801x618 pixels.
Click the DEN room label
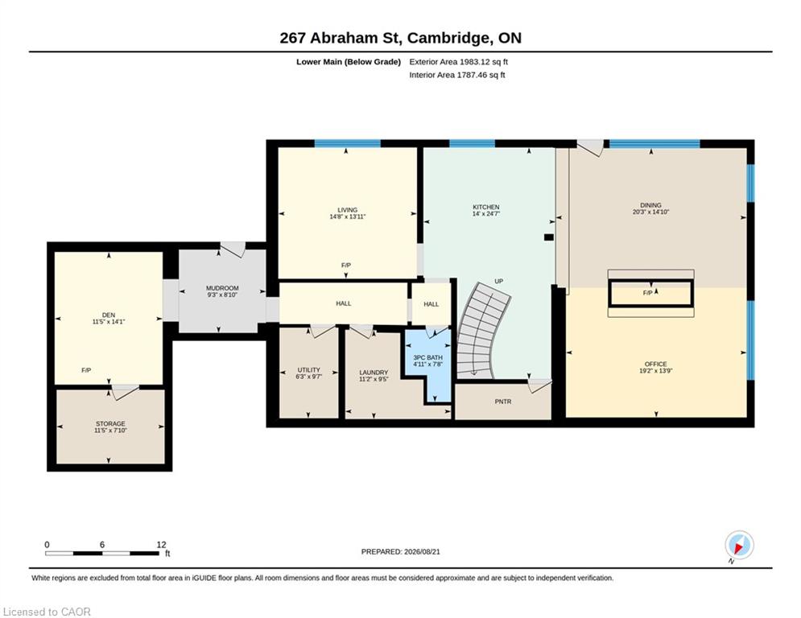coord(109,315)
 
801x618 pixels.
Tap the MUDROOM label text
coord(222,288)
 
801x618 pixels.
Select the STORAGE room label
coord(110,424)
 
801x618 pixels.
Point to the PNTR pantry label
coord(503,402)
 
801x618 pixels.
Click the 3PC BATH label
coord(428,357)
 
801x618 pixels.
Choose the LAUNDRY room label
coord(374,373)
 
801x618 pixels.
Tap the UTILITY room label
coord(309,370)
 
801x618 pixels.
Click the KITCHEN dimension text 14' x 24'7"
coord(485,214)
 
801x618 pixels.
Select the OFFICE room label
coord(655,365)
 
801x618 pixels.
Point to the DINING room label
coord(650,205)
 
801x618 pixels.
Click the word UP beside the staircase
coord(499,282)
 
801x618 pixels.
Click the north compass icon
coord(739,546)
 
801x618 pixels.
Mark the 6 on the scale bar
coord(102,545)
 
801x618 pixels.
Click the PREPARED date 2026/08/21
coord(422,551)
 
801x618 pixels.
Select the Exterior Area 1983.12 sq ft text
coord(458,62)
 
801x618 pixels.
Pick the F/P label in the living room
coord(346,266)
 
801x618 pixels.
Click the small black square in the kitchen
coord(549,237)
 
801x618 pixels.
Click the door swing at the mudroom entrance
coord(233,249)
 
